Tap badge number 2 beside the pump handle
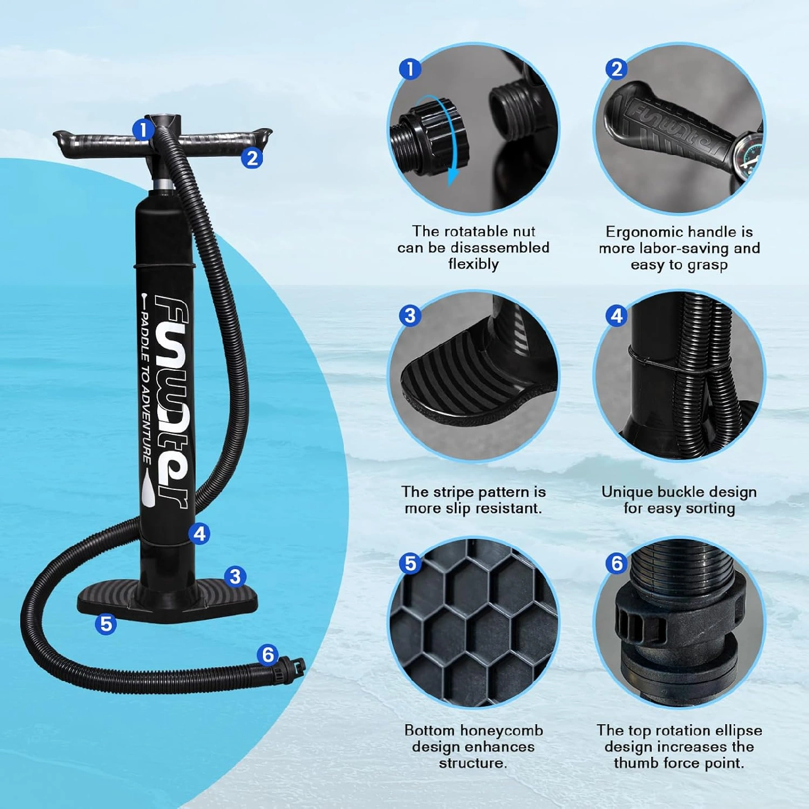tap(252, 158)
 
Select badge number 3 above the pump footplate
tap(235, 577)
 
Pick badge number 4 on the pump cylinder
tap(199, 534)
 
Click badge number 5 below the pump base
tap(106, 624)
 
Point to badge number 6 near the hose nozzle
tap(267, 655)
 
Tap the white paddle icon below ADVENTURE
tap(148, 488)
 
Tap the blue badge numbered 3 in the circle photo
tap(410, 316)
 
